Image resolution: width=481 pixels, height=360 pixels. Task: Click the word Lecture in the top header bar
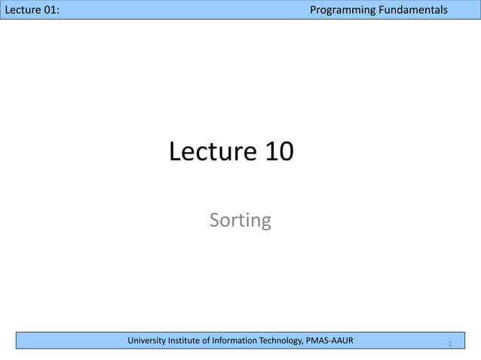(22, 10)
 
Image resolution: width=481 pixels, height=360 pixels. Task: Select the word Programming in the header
(345, 10)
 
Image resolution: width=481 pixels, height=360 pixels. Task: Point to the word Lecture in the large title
(213, 152)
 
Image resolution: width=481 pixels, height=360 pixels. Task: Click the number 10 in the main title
(280, 152)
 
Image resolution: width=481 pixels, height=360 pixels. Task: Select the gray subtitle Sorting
(240, 221)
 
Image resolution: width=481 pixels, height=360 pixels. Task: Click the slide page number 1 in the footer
(449, 344)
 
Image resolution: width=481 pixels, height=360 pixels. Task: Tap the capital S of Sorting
(215, 221)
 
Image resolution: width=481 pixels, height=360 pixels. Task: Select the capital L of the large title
(176, 152)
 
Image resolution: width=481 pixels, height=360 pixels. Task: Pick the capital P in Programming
(314, 10)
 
